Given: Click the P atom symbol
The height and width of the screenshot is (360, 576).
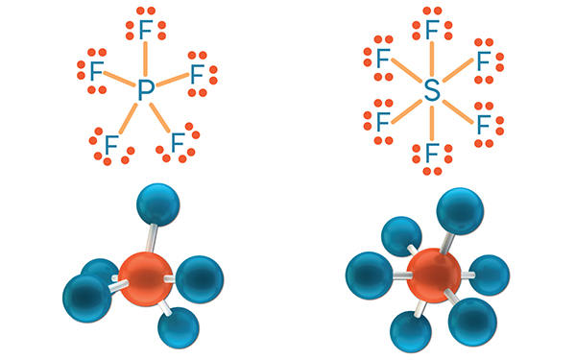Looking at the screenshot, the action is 145,91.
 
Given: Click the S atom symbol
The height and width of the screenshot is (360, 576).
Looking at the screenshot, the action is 431,92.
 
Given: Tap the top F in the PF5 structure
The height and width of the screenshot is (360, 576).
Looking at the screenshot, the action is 145,29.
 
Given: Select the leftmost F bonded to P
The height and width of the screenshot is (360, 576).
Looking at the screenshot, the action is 96,72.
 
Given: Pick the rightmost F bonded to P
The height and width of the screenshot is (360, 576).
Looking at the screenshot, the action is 196,73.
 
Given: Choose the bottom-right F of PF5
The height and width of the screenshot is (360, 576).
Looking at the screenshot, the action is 178,143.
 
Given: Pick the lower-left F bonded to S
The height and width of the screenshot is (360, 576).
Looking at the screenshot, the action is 383,122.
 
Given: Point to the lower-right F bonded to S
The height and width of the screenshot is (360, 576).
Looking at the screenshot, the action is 482,122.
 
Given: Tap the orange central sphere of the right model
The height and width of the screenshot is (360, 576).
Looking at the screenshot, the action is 433,274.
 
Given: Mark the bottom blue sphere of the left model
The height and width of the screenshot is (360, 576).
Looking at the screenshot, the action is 177,327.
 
